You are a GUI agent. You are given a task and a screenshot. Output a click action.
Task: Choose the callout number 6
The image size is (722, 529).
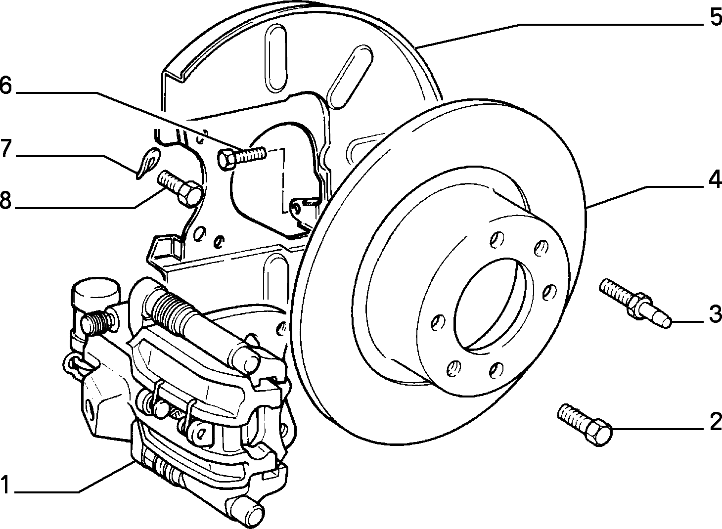tap(5, 85)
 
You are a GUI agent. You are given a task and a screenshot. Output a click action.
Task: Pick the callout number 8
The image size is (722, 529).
tap(5, 200)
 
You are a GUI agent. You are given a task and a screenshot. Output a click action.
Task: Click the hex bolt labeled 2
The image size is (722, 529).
tap(585, 425)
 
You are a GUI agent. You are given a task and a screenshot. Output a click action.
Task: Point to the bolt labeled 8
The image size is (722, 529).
tap(180, 187)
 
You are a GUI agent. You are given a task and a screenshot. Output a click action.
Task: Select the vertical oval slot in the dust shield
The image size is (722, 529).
tap(275, 59)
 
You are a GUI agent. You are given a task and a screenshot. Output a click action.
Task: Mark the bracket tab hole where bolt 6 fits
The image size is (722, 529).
tap(297, 209)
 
